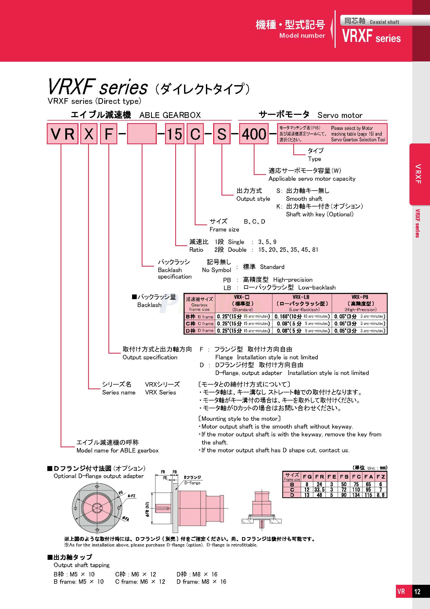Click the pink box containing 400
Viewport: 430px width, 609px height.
point(254,134)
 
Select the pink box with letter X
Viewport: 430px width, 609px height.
point(89,134)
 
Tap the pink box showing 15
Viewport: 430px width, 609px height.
point(174,134)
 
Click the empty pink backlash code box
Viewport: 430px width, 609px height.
point(142,134)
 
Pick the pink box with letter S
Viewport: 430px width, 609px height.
point(221,134)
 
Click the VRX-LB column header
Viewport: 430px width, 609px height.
point(302,303)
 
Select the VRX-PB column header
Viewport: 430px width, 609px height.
point(360,303)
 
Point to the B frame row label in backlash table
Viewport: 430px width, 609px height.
point(199,317)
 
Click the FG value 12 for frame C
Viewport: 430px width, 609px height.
point(307,490)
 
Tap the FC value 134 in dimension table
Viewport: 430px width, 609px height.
point(356,495)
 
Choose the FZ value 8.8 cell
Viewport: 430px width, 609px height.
point(381,495)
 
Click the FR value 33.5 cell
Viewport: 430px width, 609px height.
point(319,490)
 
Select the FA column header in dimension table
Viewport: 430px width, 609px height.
point(368,477)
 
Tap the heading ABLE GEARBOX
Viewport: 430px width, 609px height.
point(170,115)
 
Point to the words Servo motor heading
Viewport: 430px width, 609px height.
point(340,115)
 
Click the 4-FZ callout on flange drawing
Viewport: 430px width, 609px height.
point(132,496)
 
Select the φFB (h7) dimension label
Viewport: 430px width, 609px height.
point(147,509)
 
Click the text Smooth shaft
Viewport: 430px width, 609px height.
point(304,199)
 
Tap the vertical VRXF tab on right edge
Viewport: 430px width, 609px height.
point(418,174)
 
